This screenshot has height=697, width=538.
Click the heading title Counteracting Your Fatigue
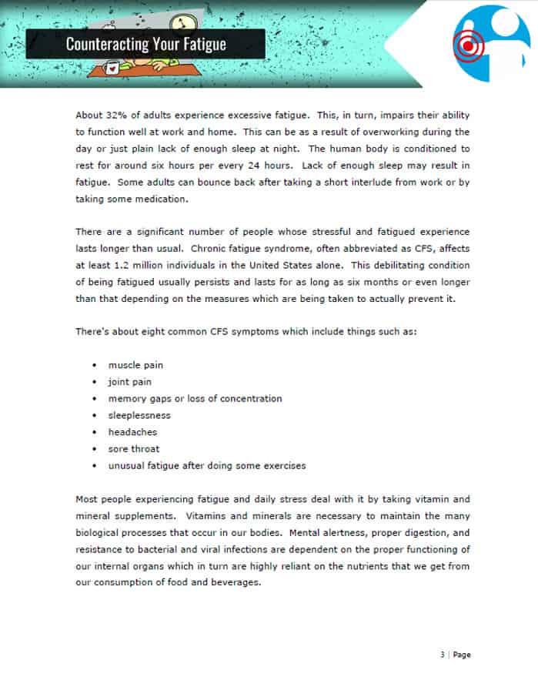click(x=145, y=43)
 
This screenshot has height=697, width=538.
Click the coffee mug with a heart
click(x=114, y=68)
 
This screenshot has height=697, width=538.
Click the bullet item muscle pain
click(x=135, y=365)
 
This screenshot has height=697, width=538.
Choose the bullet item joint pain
click(x=129, y=382)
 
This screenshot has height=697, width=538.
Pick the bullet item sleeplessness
click(x=139, y=415)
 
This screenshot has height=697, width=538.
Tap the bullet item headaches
click(x=132, y=432)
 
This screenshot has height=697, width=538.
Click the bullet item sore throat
click(x=134, y=448)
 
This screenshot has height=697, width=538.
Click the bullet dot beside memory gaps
click(x=94, y=399)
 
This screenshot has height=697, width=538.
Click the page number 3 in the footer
click(x=443, y=655)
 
